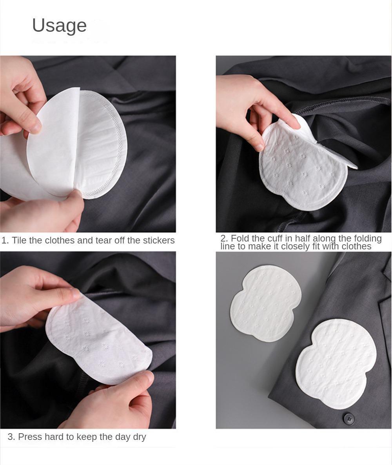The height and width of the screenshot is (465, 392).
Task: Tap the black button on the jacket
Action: tap(349, 418)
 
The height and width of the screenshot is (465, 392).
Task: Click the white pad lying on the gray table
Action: tap(266, 303)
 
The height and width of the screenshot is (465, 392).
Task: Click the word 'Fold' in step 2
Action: tap(240, 238)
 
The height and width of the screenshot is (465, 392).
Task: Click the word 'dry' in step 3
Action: tap(139, 437)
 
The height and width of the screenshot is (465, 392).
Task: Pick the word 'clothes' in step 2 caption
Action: tap(356, 246)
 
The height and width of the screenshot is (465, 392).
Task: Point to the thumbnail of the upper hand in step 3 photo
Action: tap(74, 293)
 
